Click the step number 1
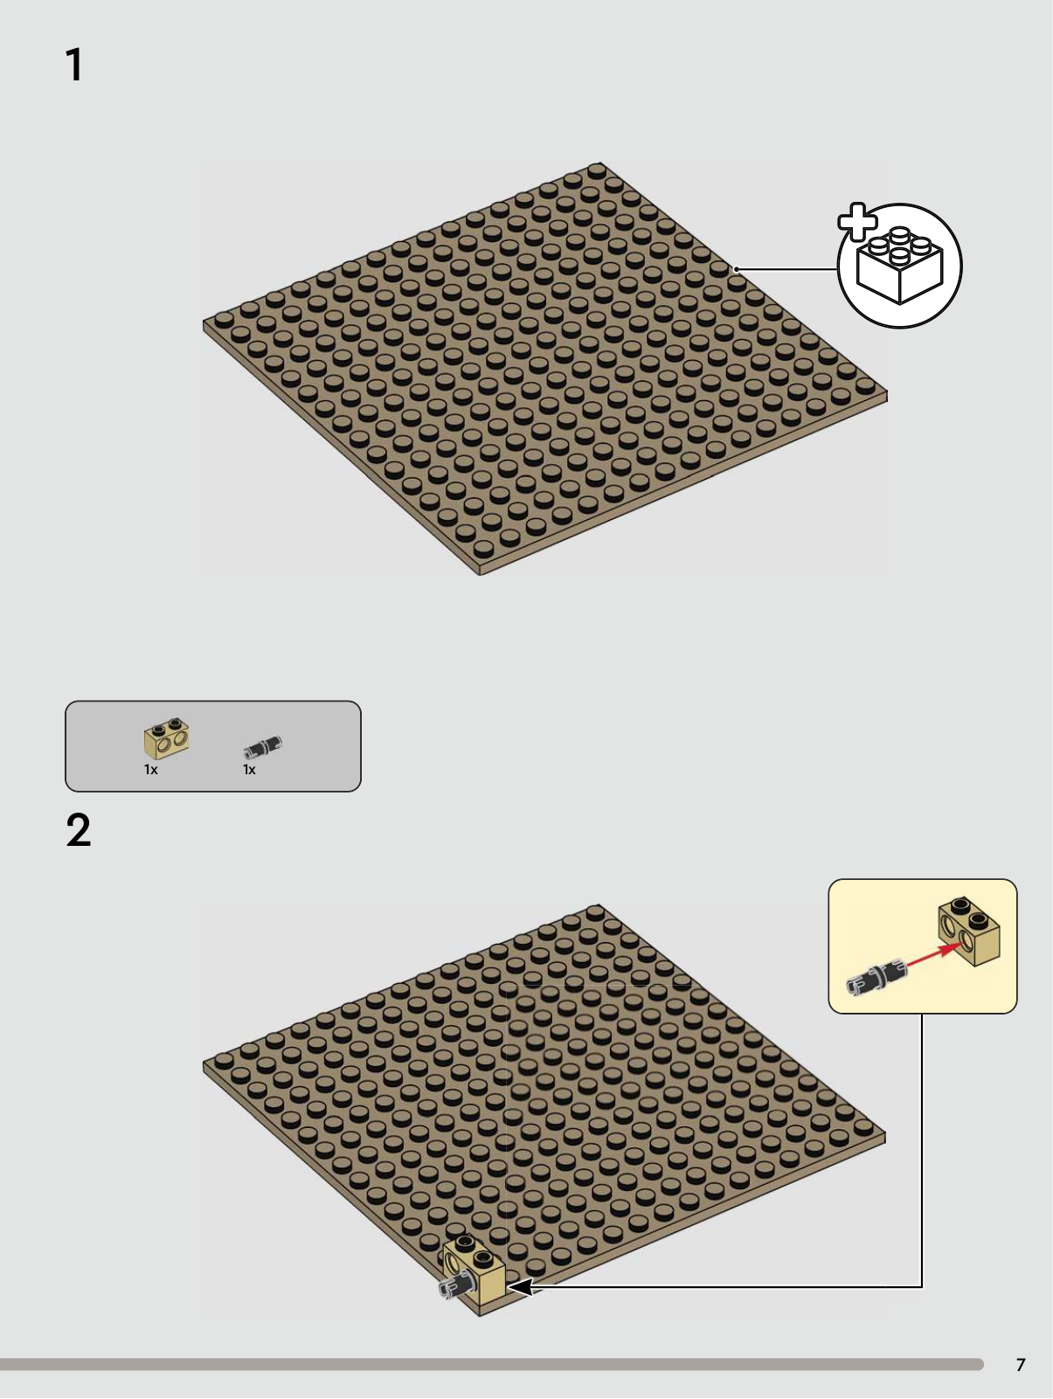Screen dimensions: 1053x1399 [x=75, y=65]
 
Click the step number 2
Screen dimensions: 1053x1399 [x=79, y=830]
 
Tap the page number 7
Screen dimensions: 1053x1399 [x=1021, y=1365]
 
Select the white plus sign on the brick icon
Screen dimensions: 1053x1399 [x=857, y=221]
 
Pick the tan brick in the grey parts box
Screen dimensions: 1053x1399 [x=166, y=738]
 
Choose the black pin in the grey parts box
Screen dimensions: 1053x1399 [x=262, y=746]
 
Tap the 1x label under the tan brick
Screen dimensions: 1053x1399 [x=151, y=769]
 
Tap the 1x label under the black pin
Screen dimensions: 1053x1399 [x=249, y=769]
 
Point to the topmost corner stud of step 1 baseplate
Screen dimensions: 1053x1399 [x=597, y=170]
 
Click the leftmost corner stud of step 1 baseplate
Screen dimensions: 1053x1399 [x=223, y=319]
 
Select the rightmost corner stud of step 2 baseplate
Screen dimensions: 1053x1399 [x=863, y=1125]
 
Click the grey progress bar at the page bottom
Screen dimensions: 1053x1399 [x=491, y=1364]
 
